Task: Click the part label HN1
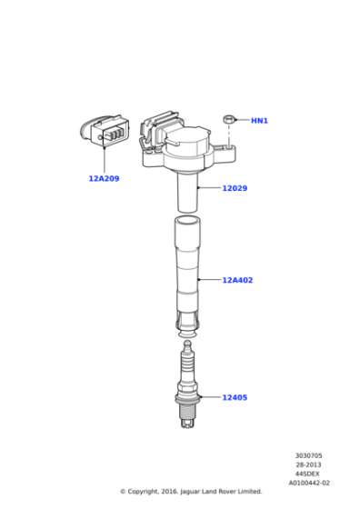click(259, 121)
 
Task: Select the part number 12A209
click(105, 178)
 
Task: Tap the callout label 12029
click(235, 188)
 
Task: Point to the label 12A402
click(237, 280)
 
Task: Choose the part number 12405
click(235, 398)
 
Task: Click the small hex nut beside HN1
click(228, 119)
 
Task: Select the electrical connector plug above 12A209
click(105, 130)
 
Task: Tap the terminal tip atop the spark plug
click(187, 344)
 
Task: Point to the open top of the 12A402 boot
click(187, 221)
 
